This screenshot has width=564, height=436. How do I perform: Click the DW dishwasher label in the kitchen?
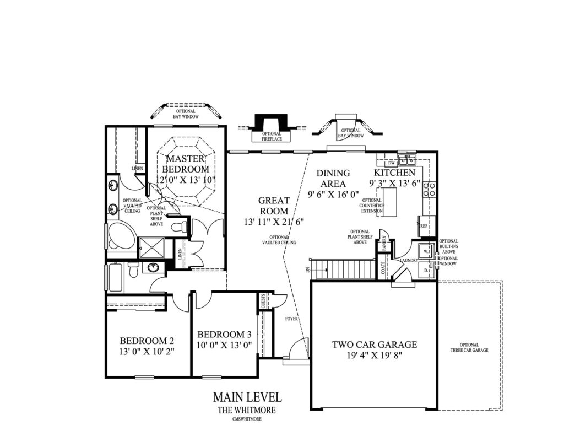(x=392, y=163)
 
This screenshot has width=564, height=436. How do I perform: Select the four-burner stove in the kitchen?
(x=429, y=190)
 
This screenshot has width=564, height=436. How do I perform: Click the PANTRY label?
(x=384, y=245)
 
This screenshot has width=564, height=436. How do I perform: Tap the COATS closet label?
(x=383, y=267)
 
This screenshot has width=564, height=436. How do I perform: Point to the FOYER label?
(x=292, y=319)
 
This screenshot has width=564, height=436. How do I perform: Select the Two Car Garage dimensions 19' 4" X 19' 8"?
(x=374, y=356)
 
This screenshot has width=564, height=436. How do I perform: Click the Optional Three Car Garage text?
(x=469, y=347)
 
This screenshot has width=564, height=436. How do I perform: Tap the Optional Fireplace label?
(x=270, y=136)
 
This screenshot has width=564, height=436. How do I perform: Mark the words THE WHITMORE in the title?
(x=247, y=410)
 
